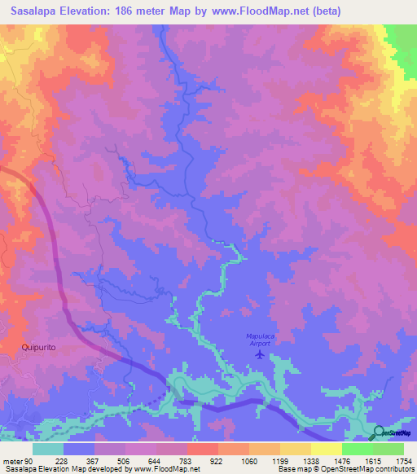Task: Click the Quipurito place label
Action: pyautogui.click(x=38, y=346)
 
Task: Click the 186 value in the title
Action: pyautogui.click(x=126, y=11)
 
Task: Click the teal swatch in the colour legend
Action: pyautogui.click(x=48, y=449)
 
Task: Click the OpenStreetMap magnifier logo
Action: pyautogui.click(x=380, y=432)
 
